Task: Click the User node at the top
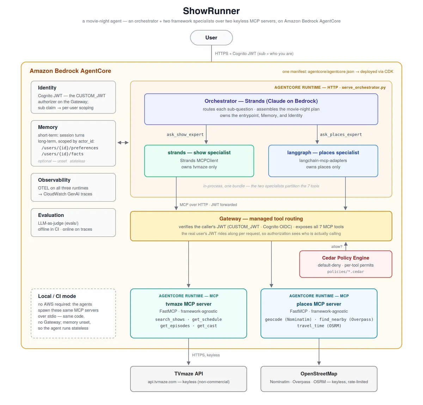pos(211,38)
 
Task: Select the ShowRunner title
pos(211,11)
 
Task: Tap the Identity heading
pos(47,87)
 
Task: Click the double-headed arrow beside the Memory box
pos(123,143)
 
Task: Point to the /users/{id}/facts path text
pos(63,154)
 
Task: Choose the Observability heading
pos(54,180)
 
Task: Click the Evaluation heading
pos(51,215)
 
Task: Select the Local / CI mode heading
pos(57,296)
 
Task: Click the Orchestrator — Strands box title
pos(261,101)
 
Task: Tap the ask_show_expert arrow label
pos(185,135)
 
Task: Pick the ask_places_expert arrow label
pos(341,135)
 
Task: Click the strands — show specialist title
pos(199,152)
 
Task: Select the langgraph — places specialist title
pos(323,152)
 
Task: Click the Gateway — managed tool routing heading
pos(261,218)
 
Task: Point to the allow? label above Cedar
pos(337,247)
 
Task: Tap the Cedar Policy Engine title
pos(345,258)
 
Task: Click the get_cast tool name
pos(207,326)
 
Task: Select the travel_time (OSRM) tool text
pos(319,326)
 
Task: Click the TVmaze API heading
pos(189,374)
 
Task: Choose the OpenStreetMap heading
pos(319,374)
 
